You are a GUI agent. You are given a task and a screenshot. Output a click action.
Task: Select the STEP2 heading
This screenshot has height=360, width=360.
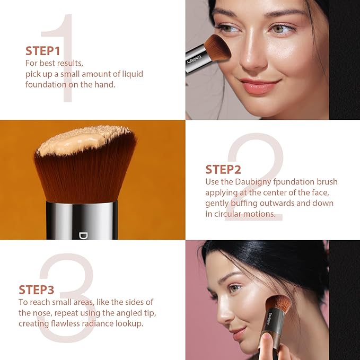pos(223,170)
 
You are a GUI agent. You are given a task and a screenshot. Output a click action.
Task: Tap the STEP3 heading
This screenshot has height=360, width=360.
pos(37,290)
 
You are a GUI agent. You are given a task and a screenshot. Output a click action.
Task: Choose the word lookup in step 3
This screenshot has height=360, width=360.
pos(130,323)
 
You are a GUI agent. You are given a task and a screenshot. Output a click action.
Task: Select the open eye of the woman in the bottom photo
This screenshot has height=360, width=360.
pos(235,289)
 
